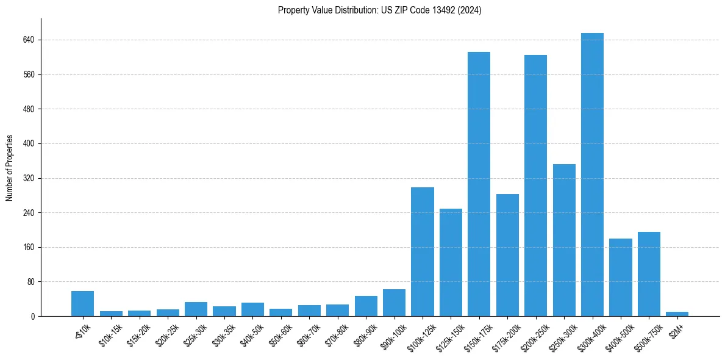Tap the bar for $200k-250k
[x=535, y=185]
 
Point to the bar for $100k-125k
[x=422, y=251]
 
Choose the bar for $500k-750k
[x=649, y=274]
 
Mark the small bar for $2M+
[x=677, y=314]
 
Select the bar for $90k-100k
[x=394, y=303]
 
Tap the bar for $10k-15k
[x=111, y=314]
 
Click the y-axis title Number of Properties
[x=9, y=168]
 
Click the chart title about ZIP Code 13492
[x=379, y=10]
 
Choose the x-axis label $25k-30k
[x=195, y=334]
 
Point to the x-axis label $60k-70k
[x=309, y=334]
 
